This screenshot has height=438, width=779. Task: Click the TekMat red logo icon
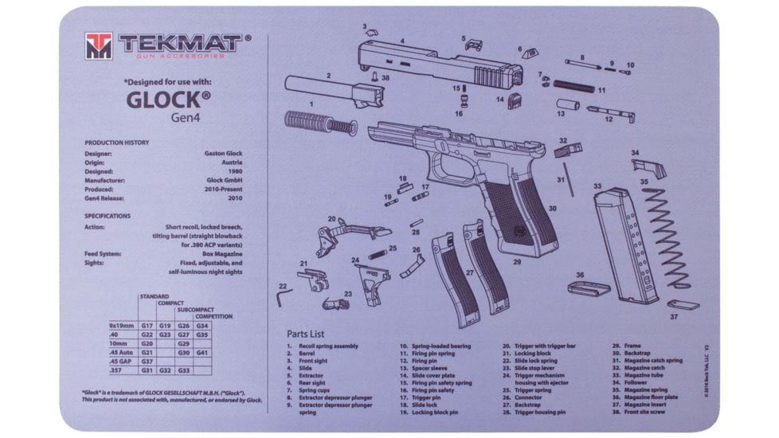pos(99,46)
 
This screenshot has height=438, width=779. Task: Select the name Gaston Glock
pos(225,154)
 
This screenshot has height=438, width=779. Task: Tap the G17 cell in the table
pos(147,326)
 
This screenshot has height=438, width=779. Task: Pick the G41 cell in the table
pos(202,352)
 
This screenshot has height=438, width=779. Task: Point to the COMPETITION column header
pos(214,316)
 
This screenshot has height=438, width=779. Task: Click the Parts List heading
pos(311,334)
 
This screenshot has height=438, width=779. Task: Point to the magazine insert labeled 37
pos(682,305)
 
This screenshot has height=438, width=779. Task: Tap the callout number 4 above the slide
pos(402,41)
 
